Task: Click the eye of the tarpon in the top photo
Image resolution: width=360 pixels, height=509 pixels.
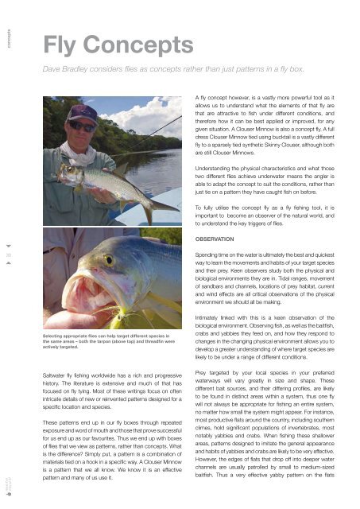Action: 66,169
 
